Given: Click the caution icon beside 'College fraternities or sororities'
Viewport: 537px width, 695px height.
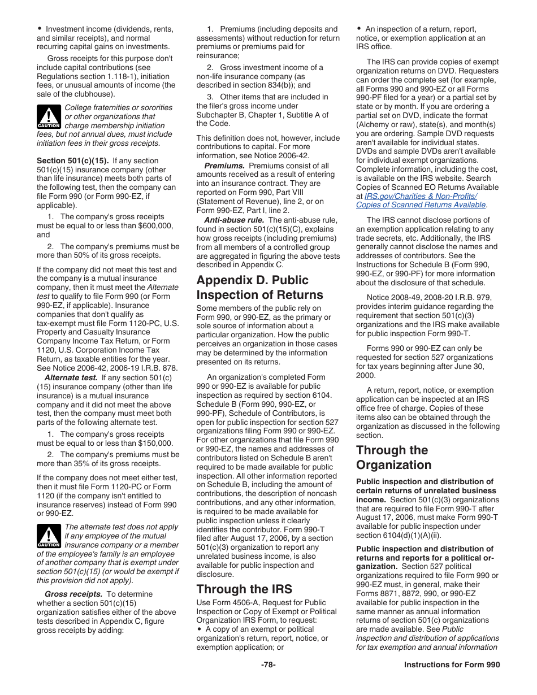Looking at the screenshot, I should (x=49, y=116).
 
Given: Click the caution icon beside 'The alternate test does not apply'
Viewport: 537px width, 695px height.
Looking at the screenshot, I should (x=49, y=536).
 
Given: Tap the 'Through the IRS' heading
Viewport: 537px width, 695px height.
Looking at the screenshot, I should (x=244, y=589).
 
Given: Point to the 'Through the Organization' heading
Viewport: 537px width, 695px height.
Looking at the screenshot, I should (x=393, y=457).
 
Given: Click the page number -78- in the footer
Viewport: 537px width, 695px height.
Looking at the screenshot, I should (x=268, y=664).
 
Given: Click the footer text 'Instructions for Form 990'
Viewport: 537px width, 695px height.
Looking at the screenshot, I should (x=452, y=664).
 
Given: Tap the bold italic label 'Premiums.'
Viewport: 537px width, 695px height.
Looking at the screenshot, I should (x=224, y=166).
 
